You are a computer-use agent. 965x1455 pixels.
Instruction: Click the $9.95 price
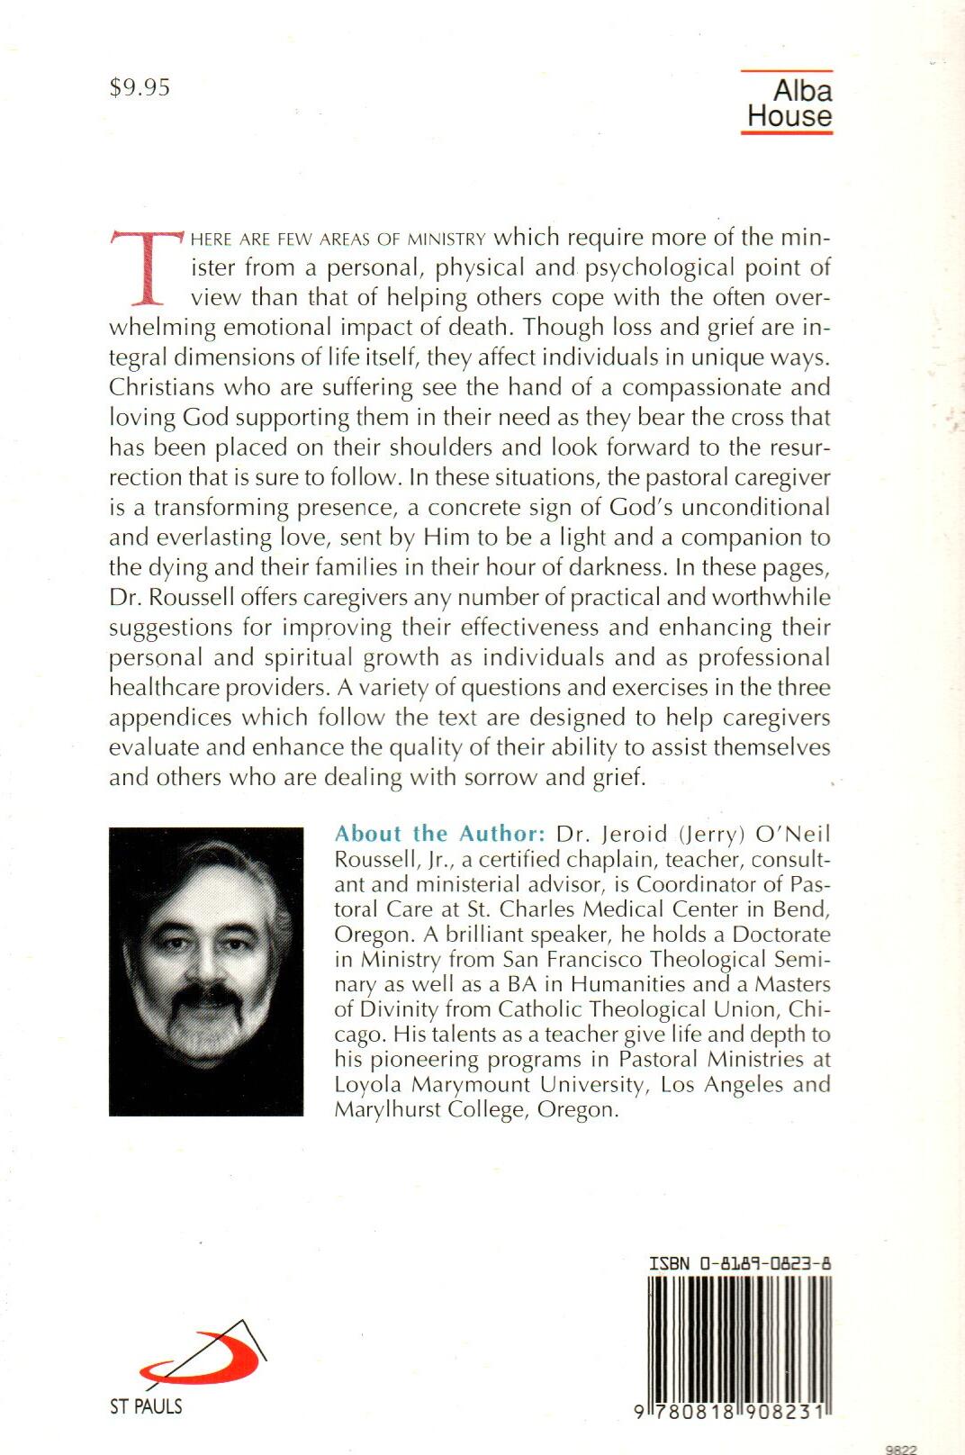point(140,87)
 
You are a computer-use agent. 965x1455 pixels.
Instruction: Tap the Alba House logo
point(789,103)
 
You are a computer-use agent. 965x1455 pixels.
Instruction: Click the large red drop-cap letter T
point(147,267)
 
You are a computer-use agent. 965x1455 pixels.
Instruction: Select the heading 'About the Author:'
point(439,833)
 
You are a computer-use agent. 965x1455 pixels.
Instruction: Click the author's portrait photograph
point(206,972)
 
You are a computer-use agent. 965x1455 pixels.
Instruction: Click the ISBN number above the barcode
point(740,1263)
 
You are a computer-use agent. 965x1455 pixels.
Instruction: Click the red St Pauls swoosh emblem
point(200,1358)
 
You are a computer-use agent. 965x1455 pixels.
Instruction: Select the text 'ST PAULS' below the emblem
point(146,1406)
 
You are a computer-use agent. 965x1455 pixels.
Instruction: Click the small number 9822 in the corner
point(901,1450)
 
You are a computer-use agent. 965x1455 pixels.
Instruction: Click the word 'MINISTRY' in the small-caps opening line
point(446,239)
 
